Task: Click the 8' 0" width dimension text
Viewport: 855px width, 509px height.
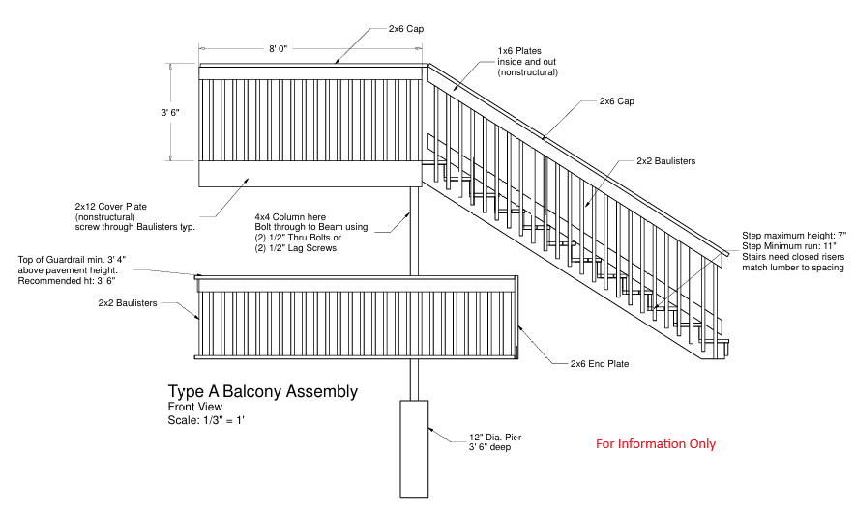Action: pos(279,48)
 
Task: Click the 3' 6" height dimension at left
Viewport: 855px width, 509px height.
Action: pos(170,113)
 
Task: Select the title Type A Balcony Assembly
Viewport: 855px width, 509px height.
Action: pos(262,392)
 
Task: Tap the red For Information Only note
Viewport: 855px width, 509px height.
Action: pos(655,444)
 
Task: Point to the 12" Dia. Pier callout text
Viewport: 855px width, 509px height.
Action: pos(496,438)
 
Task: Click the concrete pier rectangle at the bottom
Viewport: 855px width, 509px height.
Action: pos(415,448)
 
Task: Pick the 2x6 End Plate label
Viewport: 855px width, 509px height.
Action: pos(600,364)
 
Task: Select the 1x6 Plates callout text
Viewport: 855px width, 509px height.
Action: pos(519,50)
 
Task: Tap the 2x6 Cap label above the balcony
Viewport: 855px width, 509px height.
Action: pos(405,29)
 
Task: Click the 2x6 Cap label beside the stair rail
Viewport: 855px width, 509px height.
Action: pos(616,101)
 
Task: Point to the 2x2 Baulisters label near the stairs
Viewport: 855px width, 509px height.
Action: pos(665,161)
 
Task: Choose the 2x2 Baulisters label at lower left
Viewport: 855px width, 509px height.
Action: pos(128,303)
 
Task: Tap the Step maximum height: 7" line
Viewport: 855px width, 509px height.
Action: pos(793,236)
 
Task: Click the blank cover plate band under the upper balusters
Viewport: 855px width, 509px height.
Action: pos(310,174)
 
